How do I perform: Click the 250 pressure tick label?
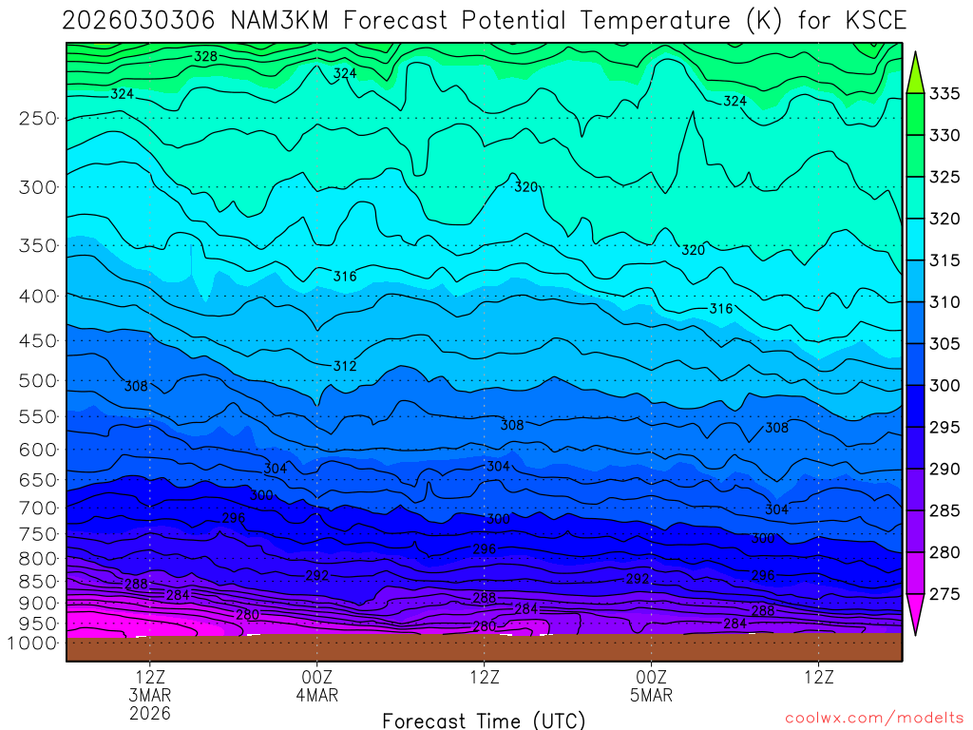[x=38, y=119]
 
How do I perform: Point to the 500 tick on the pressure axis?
[x=38, y=381]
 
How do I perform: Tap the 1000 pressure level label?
[x=33, y=644]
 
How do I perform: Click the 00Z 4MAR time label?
[x=316, y=685]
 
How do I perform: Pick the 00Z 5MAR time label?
[x=651, y=685]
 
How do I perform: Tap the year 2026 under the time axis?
[x=150, y=713]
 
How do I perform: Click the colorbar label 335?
[x=944, y=93]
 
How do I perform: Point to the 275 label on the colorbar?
[x=944, y=594]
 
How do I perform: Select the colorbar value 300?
[x=944, y=385]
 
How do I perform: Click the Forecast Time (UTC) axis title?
[x=484, y=720]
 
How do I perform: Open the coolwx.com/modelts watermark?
[x=874, y=718]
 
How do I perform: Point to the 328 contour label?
[x=205, y=56]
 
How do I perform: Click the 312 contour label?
[x=344, y=366]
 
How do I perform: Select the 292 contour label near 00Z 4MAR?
[x=317, y=576]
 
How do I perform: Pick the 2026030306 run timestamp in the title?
[x=124, y=21]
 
